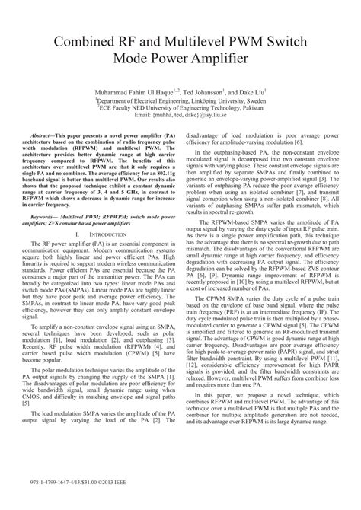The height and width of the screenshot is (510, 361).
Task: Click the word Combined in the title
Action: coord(81,37)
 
